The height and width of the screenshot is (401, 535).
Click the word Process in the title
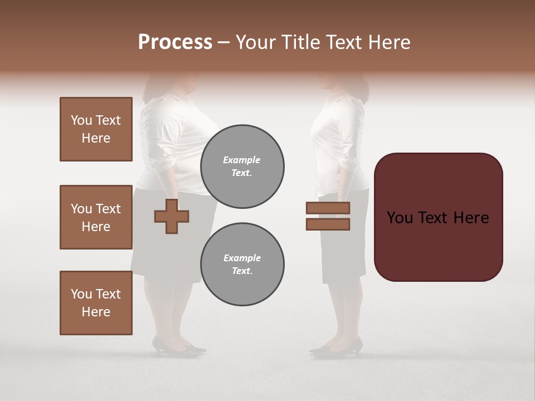pyautogui.click(x=175, y=42)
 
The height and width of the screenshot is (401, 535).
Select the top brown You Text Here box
pyautogui.click(x=96, y=129)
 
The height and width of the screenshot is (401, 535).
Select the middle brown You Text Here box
pyautogui.click(x=96, y=217)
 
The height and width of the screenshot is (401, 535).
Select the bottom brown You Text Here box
pyautogui.click(x=96, y=303)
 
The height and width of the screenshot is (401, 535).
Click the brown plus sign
pyautogui.click(x=171, y=216)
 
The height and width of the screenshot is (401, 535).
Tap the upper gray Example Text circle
pyautogui.click(x=242, y=167)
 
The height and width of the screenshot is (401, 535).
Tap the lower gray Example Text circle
pyautogui.click(x=242, y=265)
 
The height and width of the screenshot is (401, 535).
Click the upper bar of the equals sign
pyautogui.click(x=328, y=208)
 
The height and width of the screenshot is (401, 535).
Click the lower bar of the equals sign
pyautogui.click(x=328, y=224)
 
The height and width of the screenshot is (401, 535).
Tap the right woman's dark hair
pyautogui.click(x=357, y=86)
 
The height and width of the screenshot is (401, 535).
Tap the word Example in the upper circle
pyautogui.click(x=242, y=160)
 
